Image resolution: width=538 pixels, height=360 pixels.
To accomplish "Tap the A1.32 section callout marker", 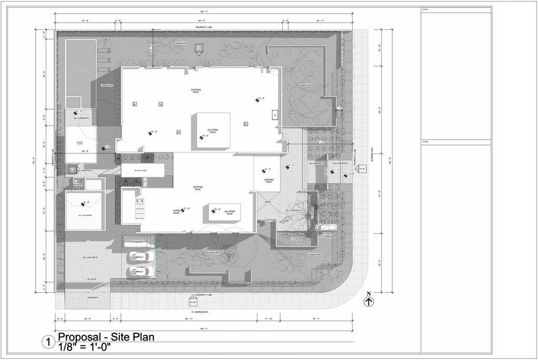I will (199, 49).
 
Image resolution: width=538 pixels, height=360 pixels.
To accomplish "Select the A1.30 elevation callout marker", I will (193, 302).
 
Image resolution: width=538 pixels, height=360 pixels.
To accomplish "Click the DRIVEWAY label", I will (93, 297).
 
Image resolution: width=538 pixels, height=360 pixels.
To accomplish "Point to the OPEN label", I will (267, 202).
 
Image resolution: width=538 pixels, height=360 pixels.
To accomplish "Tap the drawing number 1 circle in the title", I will (48, 343).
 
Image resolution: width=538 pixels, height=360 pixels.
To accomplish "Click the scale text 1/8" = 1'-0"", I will (86, 347).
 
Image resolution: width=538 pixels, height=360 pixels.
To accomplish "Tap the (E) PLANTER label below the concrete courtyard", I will (296, 239).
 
